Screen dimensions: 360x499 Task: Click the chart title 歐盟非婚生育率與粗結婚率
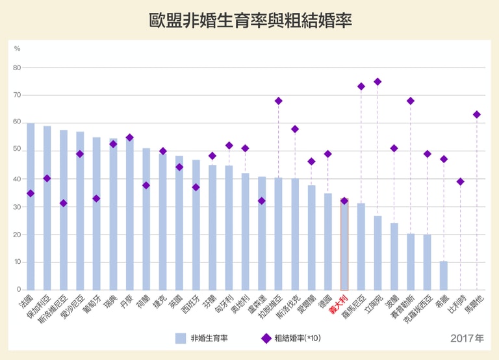coord(249,20)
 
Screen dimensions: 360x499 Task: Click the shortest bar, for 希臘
coord(443,276)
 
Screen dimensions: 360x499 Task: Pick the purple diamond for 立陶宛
coord(377,82)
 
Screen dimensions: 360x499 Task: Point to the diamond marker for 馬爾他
coord(476,114)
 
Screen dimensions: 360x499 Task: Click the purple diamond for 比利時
coord(460,182)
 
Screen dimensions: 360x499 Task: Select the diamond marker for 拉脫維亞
coord(278,101)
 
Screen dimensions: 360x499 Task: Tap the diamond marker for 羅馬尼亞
coord(361,86)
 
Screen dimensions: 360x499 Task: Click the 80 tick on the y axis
coord(17,68)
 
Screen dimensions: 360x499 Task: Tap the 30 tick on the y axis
coord(17,207)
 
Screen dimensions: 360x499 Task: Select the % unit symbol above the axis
coord(17,49)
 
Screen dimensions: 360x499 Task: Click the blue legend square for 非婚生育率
coord(181,338)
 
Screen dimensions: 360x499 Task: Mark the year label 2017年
coord(467,339)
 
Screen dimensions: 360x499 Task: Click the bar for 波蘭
coord(394,257)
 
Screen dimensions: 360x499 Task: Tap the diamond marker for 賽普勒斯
coord(411,101)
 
